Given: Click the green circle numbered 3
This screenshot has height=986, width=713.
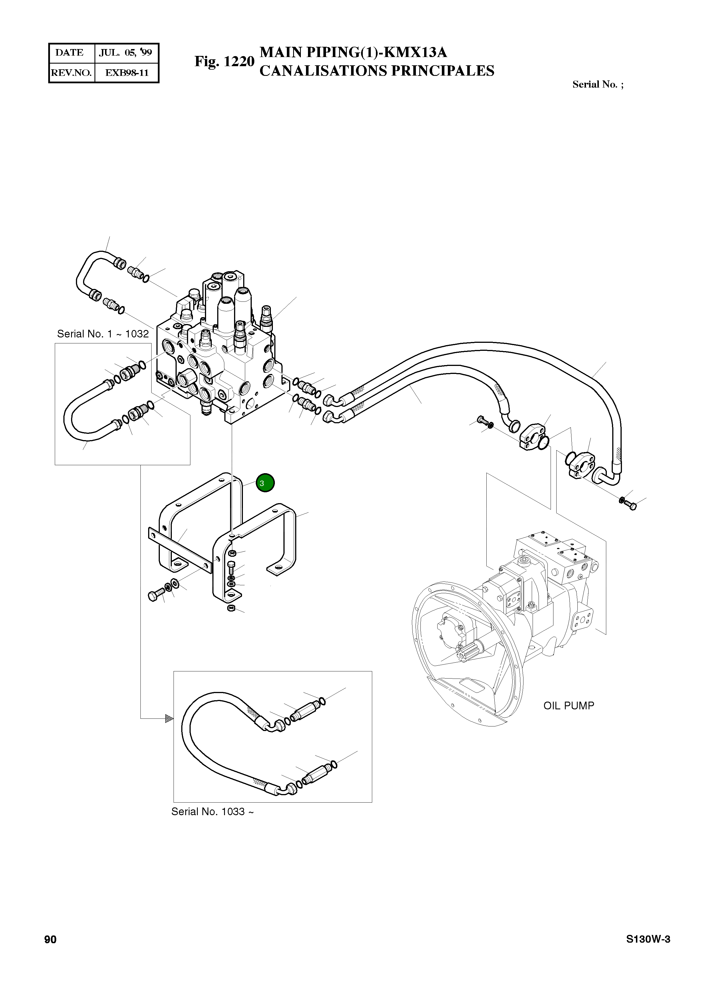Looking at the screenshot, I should pyautogui.click(x=265, y=483).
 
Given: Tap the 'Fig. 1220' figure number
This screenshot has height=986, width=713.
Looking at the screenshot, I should pyautogui.click(x=224, y=61).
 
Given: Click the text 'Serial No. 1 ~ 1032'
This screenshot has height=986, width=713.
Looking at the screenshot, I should pyautogui.click(x=103, y=334).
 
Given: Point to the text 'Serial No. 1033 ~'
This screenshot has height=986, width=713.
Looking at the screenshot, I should pyautogui.click(x=212, y=811).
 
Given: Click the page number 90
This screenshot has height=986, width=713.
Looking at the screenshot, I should pyautogui.click(x=51, y=940).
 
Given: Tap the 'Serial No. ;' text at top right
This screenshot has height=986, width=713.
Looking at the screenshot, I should pyautogui.click(x=598, y=84).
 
